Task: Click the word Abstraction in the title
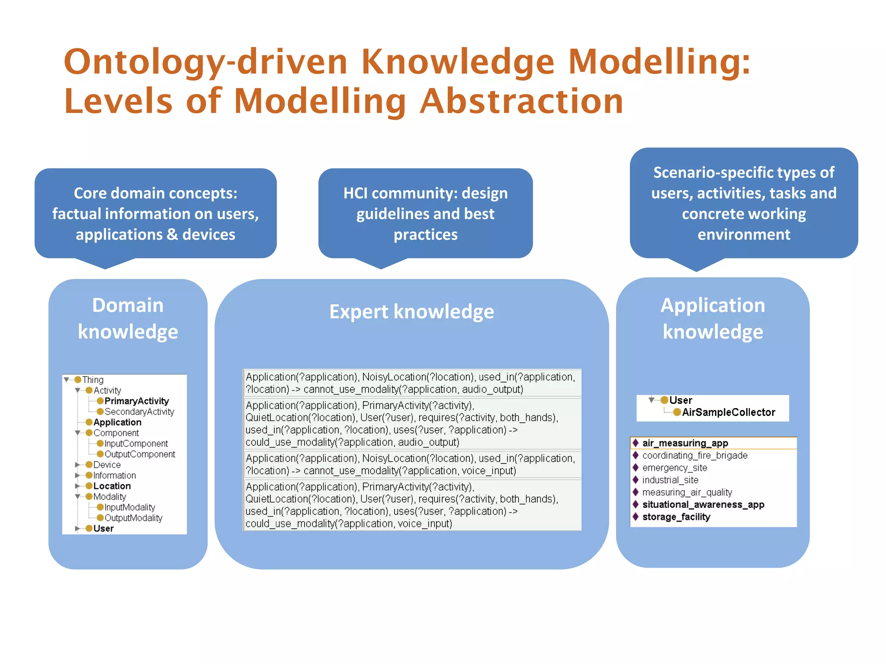click(x=521, y=102)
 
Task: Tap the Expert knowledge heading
click(x=411, y=312)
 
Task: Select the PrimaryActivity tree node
click(x=136, y=401)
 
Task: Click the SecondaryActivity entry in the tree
click(x=139, y=412)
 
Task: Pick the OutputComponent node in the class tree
click(x=139, y=454)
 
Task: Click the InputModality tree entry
click(x=129, y=507)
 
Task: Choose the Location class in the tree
click(x=112, y=486)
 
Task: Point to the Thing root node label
click(x=93, y=380)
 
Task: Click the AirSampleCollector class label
click(x=728, y=412)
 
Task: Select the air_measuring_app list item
click(x=685, y=443)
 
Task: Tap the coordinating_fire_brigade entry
click(x=694, y=456)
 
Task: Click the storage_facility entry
click(x=676, y=517)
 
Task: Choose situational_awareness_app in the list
click(x=703, y=504)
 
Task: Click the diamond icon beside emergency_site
click(x=636, y=468)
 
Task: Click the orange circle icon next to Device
click(x=89, y=465)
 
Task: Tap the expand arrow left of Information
click(x=77, y=476)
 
